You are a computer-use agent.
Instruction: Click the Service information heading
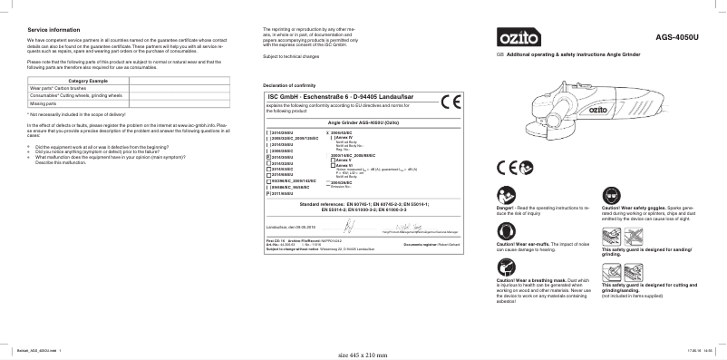[x=51, y=30]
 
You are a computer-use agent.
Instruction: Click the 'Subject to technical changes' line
[x=291, y=57]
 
